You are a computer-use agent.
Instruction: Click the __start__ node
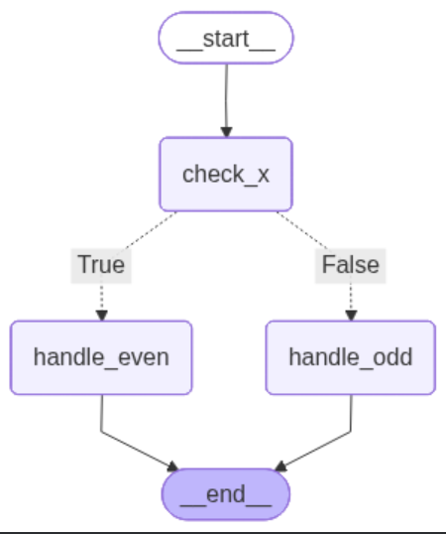click(226, 39)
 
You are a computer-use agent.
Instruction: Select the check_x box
click(226, 174)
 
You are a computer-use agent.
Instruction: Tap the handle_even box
click(101, 357)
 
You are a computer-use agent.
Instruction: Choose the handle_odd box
click(350, 357)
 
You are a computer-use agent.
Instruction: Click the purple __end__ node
click(226, 493)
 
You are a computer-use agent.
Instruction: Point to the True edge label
click(101, 265)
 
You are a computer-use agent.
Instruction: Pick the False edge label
click(350, 265)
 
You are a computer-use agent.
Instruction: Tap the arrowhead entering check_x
click(226, 131)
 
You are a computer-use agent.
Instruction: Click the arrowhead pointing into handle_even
click(101, 316)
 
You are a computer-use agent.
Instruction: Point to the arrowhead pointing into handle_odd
click(350, 316)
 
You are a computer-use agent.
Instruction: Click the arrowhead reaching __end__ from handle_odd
click(279, 467)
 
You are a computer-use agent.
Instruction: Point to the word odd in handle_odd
click(391, 357)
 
